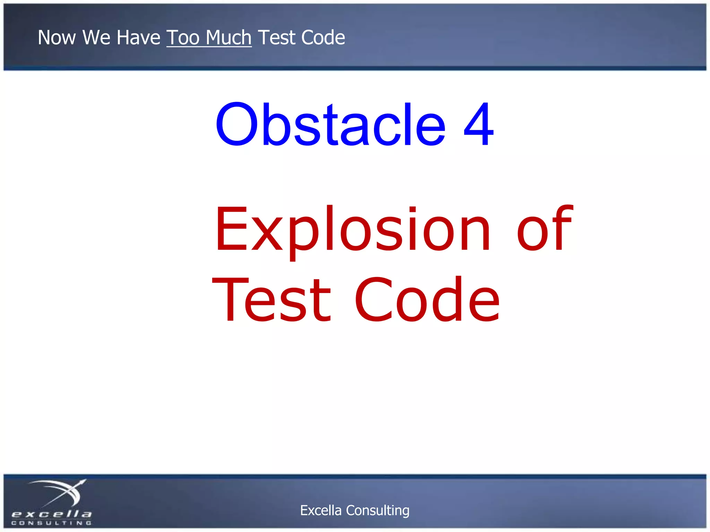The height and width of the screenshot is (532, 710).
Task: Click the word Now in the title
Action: (57, 37)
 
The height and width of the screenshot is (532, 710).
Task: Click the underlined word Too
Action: (183, 37)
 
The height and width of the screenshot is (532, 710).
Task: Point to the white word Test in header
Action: (277, 37)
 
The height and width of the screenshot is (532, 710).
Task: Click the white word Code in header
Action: (323, 37)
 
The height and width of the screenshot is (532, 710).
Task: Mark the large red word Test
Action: (272, 300)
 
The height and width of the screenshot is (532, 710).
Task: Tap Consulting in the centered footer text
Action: (378, 510)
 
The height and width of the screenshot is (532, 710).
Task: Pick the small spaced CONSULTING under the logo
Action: (52, 523)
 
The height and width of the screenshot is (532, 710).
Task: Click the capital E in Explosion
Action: (231, 229)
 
